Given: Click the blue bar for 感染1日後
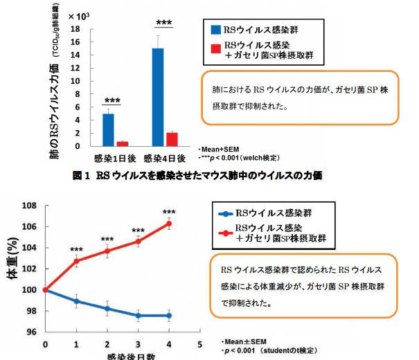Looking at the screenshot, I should click(x=107, y=129).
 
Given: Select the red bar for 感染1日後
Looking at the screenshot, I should click(x=122, y=143).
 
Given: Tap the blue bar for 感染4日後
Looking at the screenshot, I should click(x=158, y=97).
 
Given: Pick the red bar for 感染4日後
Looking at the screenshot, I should click(x=172, y=139).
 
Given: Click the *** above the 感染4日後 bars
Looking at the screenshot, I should click(x=164, y=22).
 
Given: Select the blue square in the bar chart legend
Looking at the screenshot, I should click(x=216, y=30).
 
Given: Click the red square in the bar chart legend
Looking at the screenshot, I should click(x=216, y=48).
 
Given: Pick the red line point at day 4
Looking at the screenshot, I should click(x=168, y=224).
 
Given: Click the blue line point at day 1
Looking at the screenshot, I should click(x=76, y=301).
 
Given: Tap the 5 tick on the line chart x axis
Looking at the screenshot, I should click(x=199, y=343).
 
